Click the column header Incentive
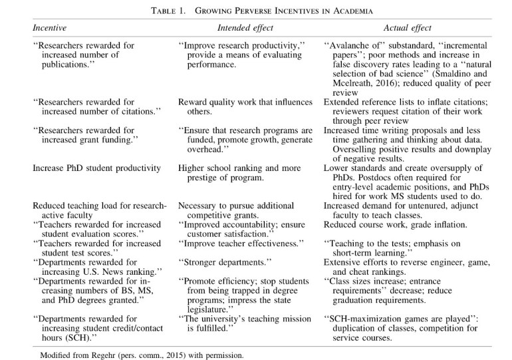coord(51,28)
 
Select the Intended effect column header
coord(245,28)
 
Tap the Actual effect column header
coord(407,28)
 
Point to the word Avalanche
coord(352,46)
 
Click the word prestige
coord(199,178)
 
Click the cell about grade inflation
coord(395,225)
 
